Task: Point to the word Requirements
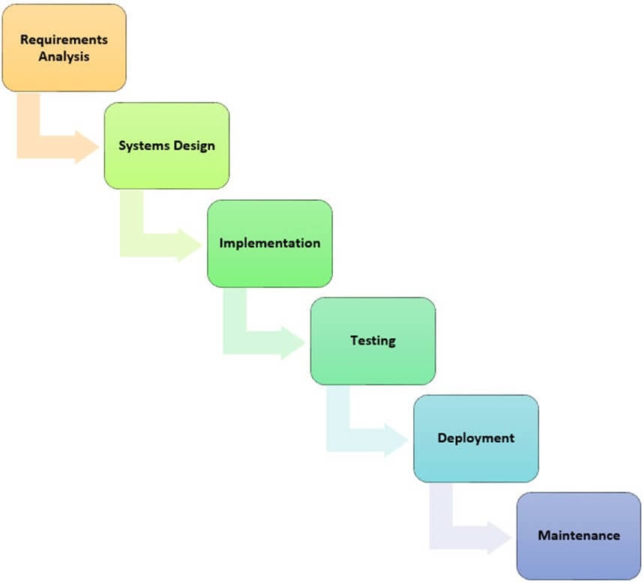click(64, 39)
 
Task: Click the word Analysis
click(64, 55)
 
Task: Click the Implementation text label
click(269, 243)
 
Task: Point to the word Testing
click(373, 340)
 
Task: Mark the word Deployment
click(476, 438)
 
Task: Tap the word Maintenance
click(579, 535)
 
